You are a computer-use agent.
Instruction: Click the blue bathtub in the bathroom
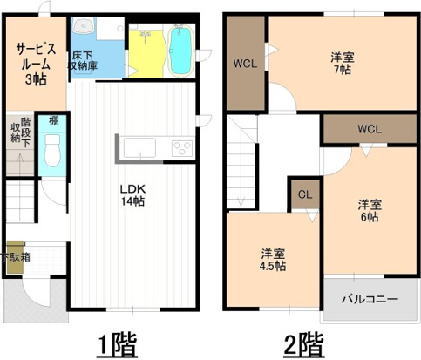click(180, 51)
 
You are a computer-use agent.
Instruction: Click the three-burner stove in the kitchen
click(181, 147)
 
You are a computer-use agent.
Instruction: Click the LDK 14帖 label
click(132, 194)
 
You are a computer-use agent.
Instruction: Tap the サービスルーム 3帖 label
click(35, 65)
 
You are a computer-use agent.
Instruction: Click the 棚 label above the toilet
click(53, 119)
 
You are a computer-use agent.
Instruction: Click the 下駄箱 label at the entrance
click(15, 257)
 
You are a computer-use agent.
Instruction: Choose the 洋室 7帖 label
click(342, 64)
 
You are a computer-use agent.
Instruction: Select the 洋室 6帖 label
click(369, 210)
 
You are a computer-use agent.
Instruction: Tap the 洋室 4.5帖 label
click(273, 261)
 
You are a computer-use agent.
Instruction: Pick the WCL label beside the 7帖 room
click(245, 63)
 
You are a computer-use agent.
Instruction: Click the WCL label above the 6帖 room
click(370, 129)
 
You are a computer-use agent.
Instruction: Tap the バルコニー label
click(369, 299)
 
